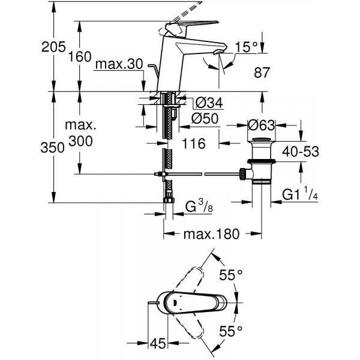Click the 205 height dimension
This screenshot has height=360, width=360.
point(53,47)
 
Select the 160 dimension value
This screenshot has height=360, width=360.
point(80,56)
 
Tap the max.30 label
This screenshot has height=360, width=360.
point(119,64)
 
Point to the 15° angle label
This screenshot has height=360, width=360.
point(246,47)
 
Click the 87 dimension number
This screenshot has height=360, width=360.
point(262,73)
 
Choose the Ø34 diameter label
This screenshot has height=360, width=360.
point(208,103)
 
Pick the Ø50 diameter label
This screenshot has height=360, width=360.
point(205,119)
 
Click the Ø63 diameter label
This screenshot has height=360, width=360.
point(261,125)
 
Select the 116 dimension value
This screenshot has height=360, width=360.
point(194,144)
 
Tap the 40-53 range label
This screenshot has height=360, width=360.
point(301,152)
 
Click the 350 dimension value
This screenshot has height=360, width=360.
point(52,147)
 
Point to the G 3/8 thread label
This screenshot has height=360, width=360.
point(199,206)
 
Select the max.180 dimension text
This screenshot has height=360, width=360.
point(211,234)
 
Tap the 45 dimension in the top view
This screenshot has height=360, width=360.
point(158,344)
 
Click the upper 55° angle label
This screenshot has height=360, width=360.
point(230,275)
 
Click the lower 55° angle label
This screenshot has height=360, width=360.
point(230,331)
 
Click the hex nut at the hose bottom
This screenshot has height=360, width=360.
point(169,200)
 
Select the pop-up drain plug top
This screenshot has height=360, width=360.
point(262,139)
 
